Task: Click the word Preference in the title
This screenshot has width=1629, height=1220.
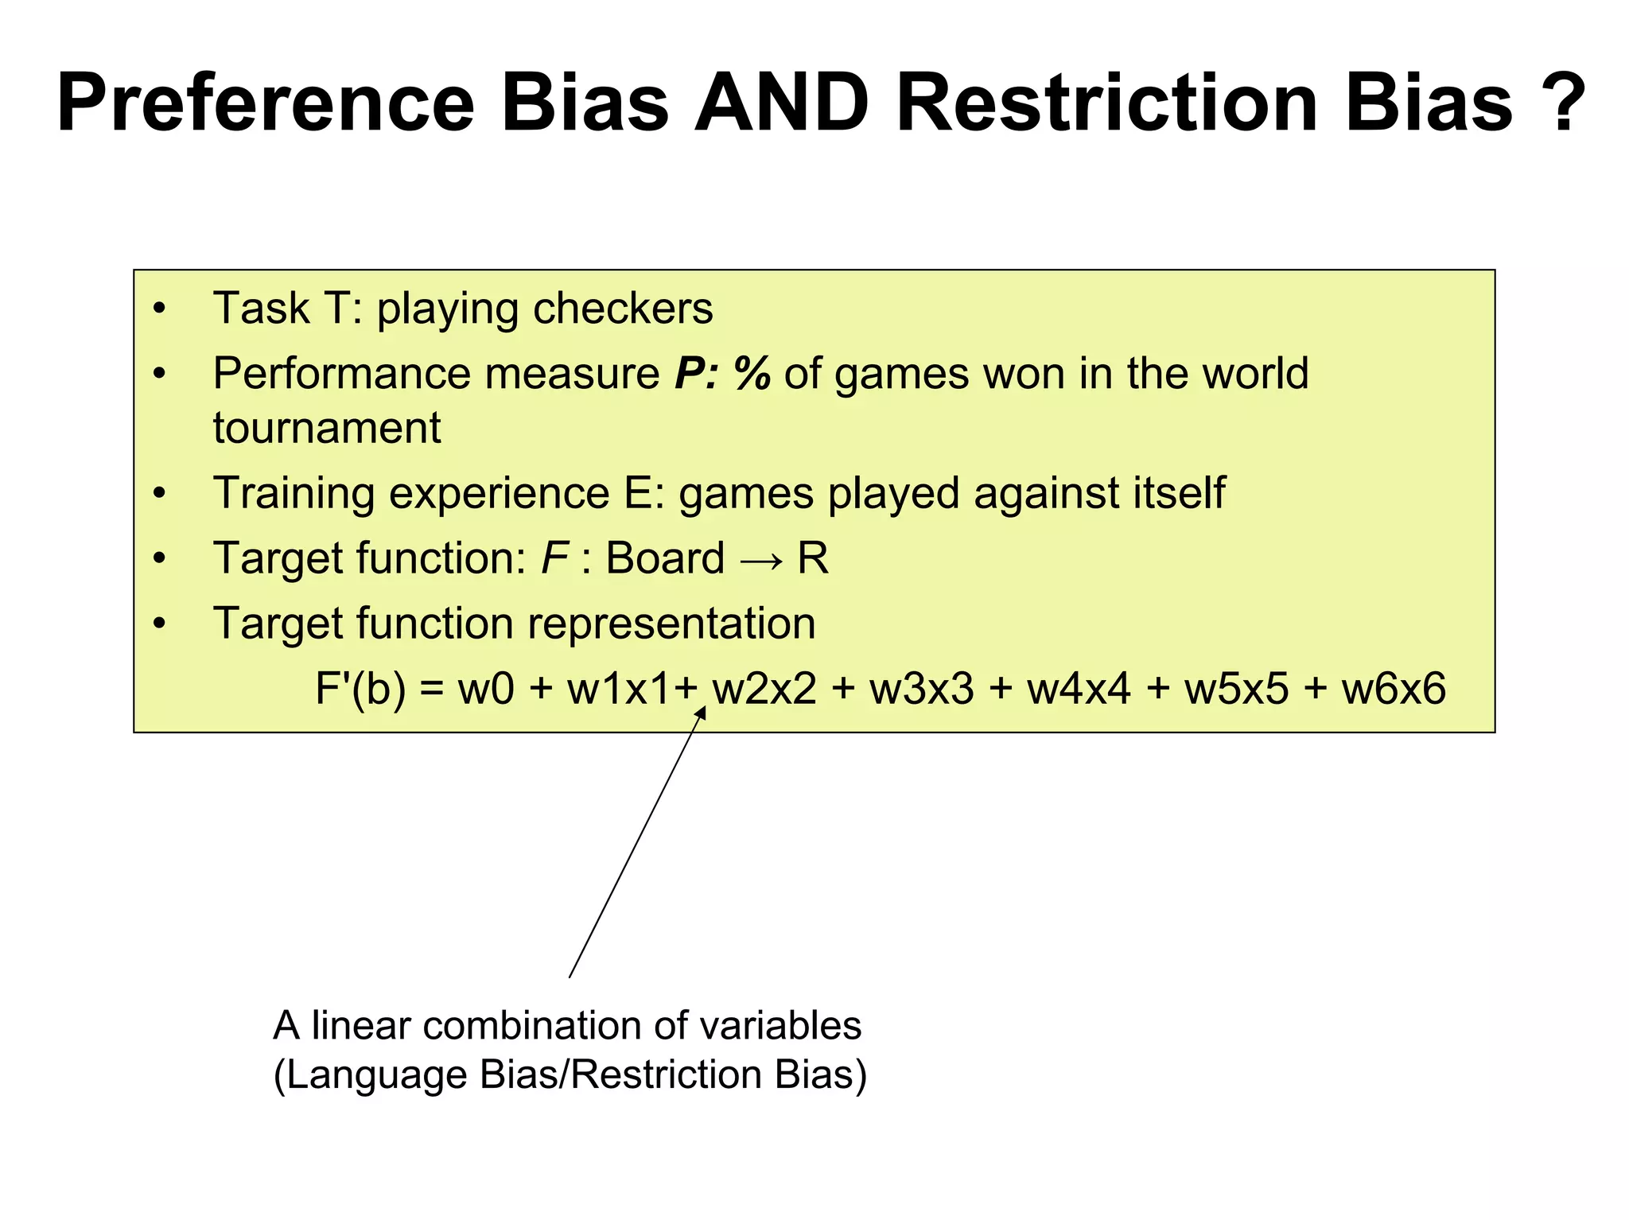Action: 266,103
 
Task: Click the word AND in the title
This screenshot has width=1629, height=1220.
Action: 782,103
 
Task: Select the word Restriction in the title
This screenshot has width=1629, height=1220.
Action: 1107,103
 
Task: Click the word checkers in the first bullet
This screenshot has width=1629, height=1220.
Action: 623,309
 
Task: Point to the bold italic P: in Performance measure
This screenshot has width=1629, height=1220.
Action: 697,374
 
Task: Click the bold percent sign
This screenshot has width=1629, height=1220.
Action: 752,374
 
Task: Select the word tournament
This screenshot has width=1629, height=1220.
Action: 326,428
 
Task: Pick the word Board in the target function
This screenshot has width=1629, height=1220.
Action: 665,558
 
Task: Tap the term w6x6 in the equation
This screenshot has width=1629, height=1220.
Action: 1394,689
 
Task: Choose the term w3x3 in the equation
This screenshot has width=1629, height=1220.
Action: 921,689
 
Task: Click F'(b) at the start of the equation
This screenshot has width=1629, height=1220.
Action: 360,689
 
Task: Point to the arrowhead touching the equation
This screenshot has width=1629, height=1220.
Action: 701,714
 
